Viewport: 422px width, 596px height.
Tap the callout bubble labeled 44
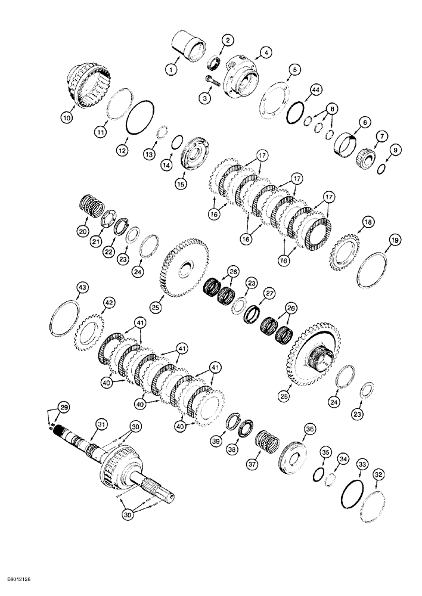pyautogui.click(x=315, y=89)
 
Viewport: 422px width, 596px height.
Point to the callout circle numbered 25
pyautogui.click(x=155, y=308)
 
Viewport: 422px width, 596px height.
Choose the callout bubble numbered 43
pyautogui.click(x=82, y=288)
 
